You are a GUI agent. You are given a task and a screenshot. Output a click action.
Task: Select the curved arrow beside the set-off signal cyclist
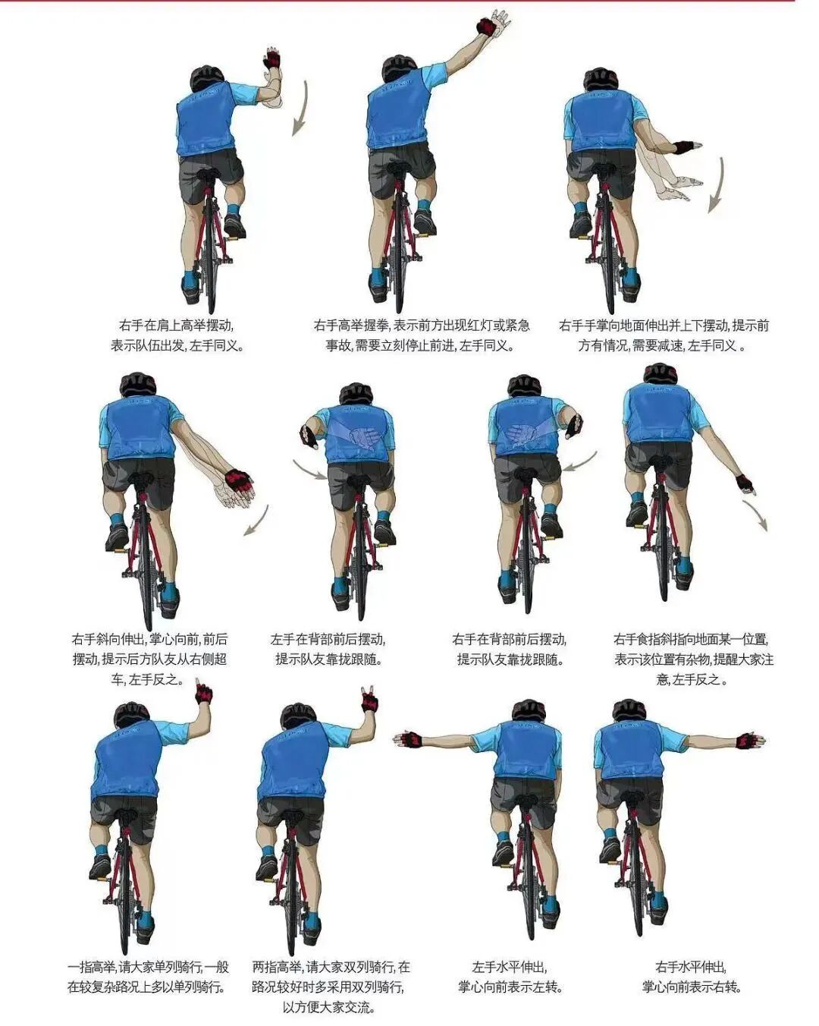point(300,108)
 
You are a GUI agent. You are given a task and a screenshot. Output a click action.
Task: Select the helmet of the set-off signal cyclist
point(207,79)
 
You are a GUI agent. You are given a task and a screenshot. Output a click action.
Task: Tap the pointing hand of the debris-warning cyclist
point(746,484)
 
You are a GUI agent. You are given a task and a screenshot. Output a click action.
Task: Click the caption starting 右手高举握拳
point(421,335)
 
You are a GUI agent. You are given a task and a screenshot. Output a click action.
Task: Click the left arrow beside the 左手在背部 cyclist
point(309,469)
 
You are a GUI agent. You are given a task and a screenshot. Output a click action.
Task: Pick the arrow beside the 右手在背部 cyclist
point(580,461)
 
